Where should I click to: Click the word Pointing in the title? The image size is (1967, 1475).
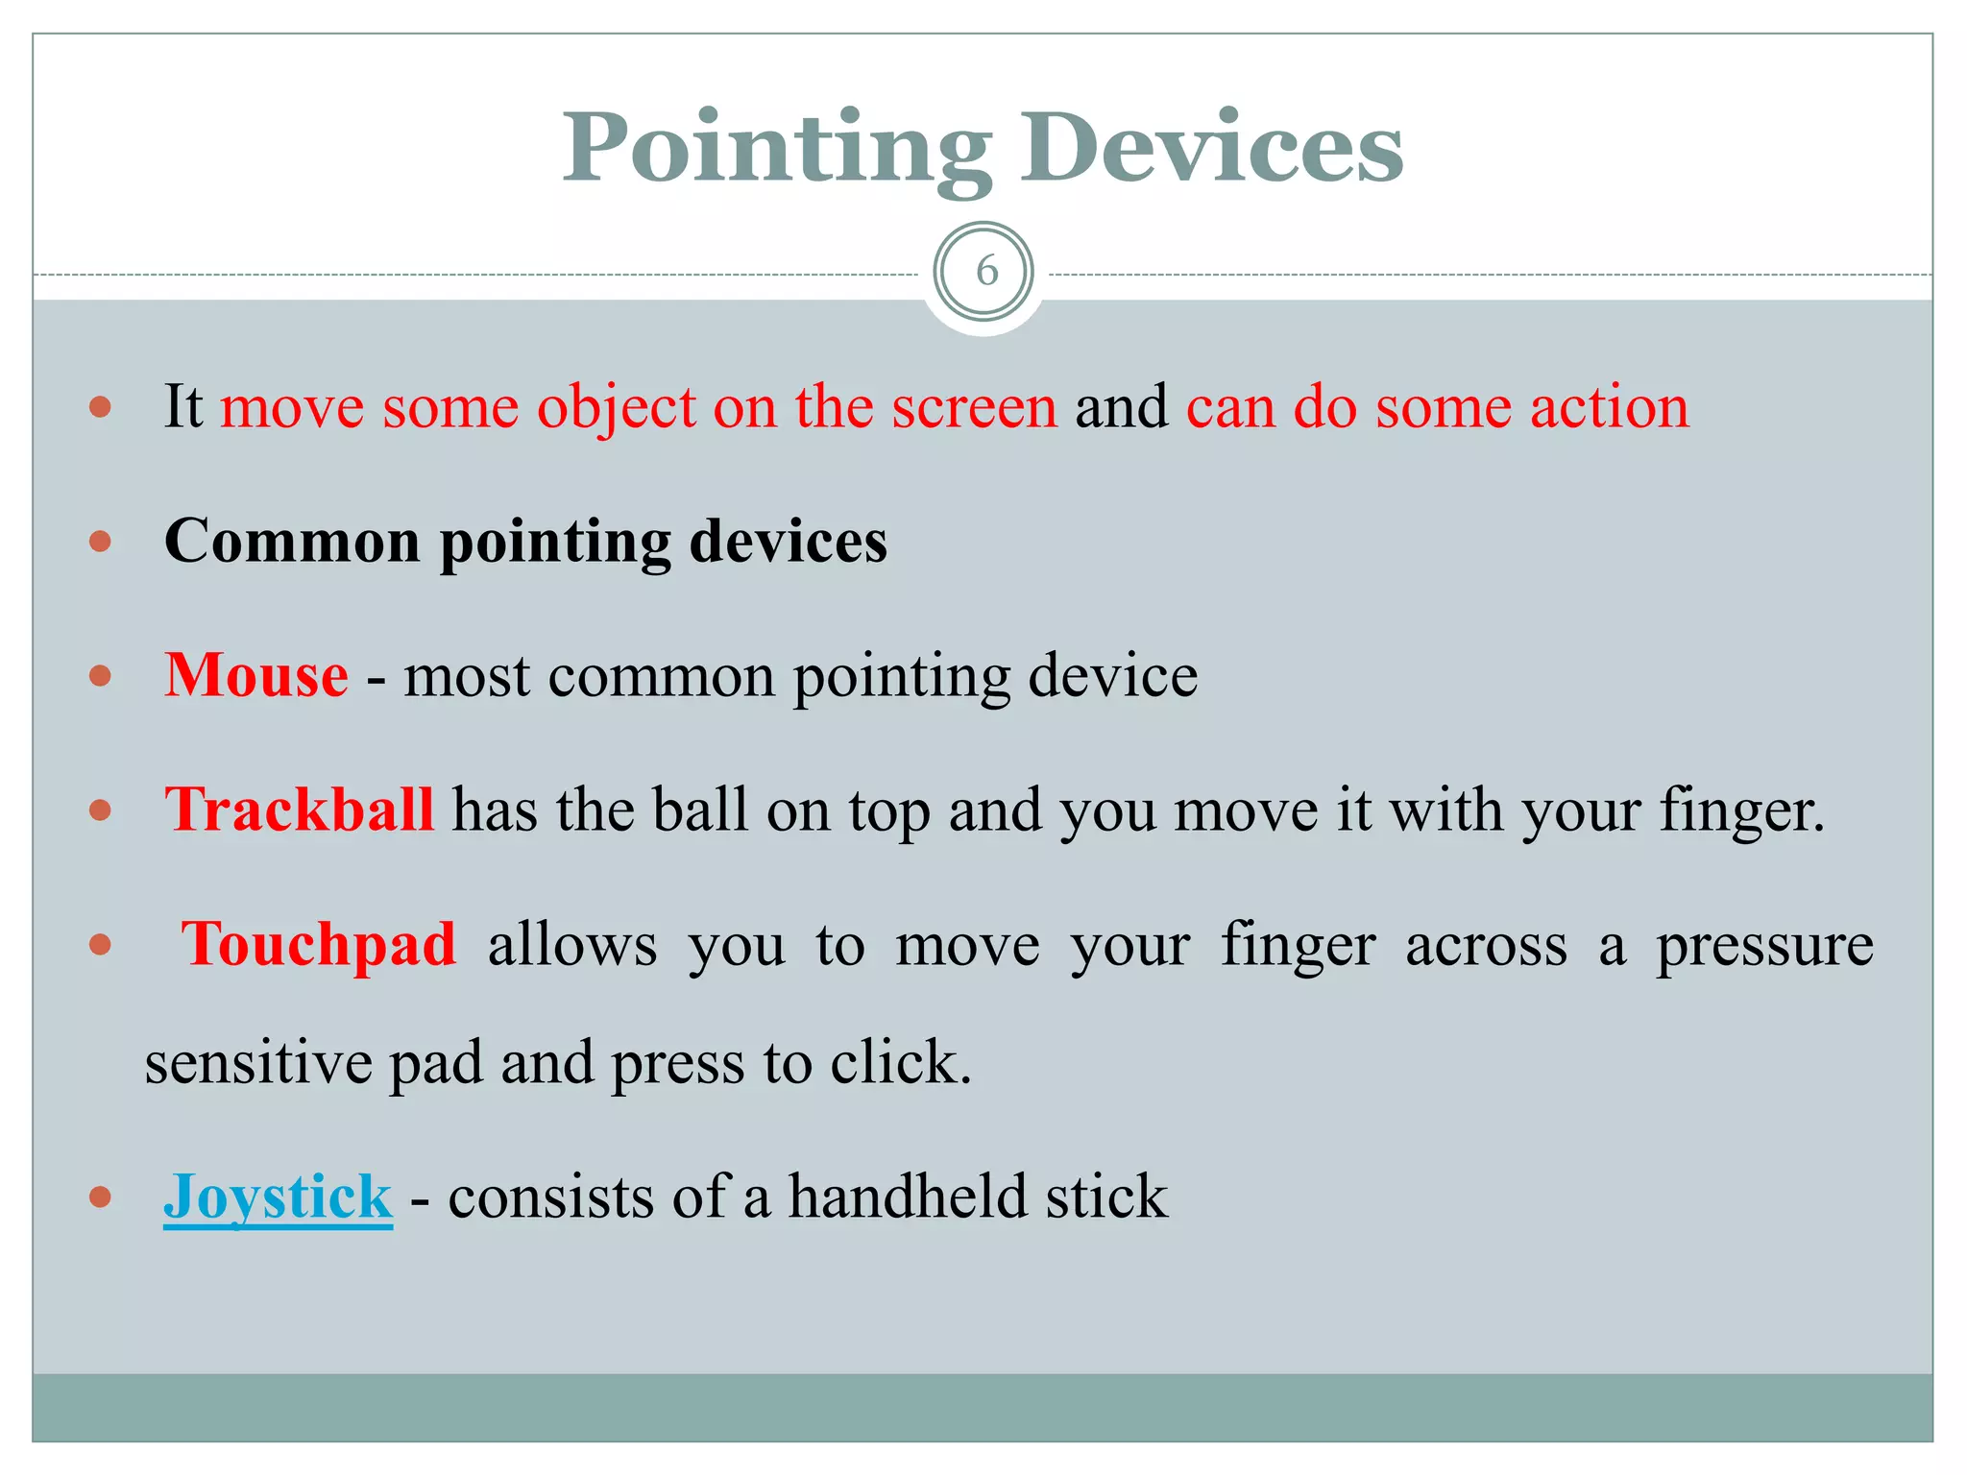[x=776, y=149]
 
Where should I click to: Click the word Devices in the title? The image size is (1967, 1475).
[x=1211, y=149]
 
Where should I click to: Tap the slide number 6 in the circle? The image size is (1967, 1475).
[x=985, y=272]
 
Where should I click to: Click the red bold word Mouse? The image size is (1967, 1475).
[x=255, y=675]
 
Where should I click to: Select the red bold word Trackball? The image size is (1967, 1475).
[x=299, y=810]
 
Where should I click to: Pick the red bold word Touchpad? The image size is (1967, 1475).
[x=318, y=944]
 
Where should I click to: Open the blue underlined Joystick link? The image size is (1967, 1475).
[x=278, y=1197]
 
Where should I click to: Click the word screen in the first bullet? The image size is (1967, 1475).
[x=974, y=406]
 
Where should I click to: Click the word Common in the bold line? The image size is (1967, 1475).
[x=292, y=541]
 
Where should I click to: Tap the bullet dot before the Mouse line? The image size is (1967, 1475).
[x=100, y=676]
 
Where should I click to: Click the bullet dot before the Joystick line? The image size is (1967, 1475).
[x=100, y=1197]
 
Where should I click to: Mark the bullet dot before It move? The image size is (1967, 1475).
[x=100, y=407]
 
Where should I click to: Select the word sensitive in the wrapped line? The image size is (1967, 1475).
[x=257, y=1063]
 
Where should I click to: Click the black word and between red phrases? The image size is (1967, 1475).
[x=1121, y=406]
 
